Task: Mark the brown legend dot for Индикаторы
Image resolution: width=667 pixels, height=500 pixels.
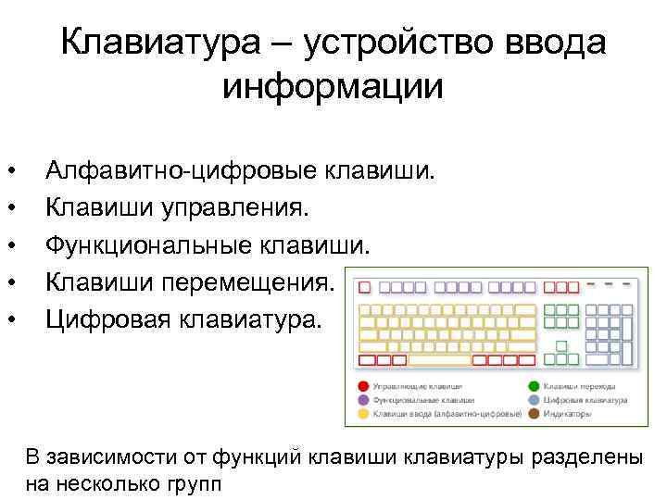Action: [535, 414]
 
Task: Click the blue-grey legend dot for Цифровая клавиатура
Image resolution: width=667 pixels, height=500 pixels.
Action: [535, 399]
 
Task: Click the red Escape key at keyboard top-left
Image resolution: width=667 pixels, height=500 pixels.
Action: [364, 287]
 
